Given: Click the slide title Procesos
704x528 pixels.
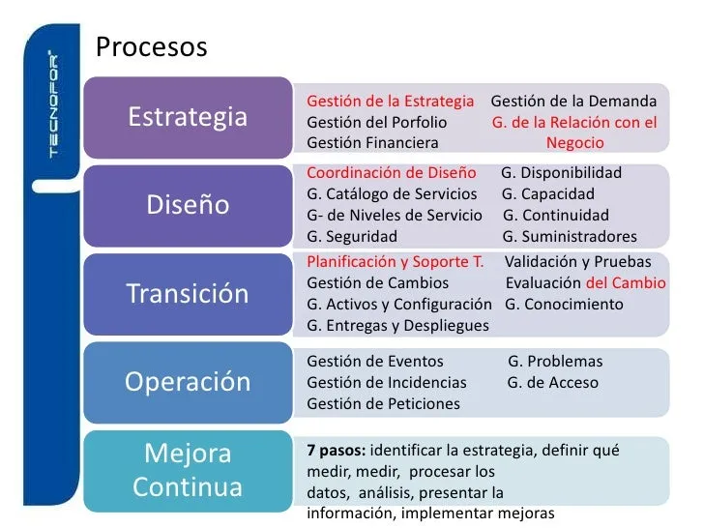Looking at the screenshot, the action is pyautogui.click(x=151, y=46).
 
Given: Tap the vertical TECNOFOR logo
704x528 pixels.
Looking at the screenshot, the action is pyautogui.click(x=53, y=104).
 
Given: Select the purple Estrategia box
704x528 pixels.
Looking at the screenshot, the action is pyautogui.click(x=189, y=117).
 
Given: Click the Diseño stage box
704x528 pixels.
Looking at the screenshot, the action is pyautogui.click(x=189, y=206).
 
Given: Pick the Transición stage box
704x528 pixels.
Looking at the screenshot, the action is pyautogui.click(x=189, y=294).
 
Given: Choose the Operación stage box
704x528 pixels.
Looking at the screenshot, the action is pyautogui.click(x=189, y=383).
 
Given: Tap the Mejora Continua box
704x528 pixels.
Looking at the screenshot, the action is pyautogui.click(x=189, y=471).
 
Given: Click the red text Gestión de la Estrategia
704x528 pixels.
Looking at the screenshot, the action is pyautogui.click(x=390, y=102).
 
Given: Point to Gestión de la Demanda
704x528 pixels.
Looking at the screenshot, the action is pyautogui.click(x=573, y=101).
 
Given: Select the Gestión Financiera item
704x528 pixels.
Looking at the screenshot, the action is pyautogui.click(x=372, y=143).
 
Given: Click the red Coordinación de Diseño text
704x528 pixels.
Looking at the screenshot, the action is pyautogui.click(x=392, y=173).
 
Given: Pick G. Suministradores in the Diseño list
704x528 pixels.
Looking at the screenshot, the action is pyautogui.click(x=570, y=237).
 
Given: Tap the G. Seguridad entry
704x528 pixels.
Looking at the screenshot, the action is pyautogui.click(x=352, y=237).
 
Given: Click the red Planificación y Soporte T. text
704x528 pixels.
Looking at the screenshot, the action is pyautogui.click(x=396, y=262).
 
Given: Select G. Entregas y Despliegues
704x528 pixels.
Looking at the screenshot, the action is pyautogui.click(x=397, y=326).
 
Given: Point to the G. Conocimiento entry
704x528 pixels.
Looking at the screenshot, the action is pyautogui.click(x=564, y=305).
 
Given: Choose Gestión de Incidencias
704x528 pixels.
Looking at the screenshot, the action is pyautogui.click(x=387, y=383).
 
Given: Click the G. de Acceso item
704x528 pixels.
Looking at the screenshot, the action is pyautogui.click(x=553, y=383).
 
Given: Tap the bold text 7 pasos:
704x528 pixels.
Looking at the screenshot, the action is pyautogui.click(x=337, y=451).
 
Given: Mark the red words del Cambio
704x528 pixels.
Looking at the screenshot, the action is pyautogui.click(x=626, y=282).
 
